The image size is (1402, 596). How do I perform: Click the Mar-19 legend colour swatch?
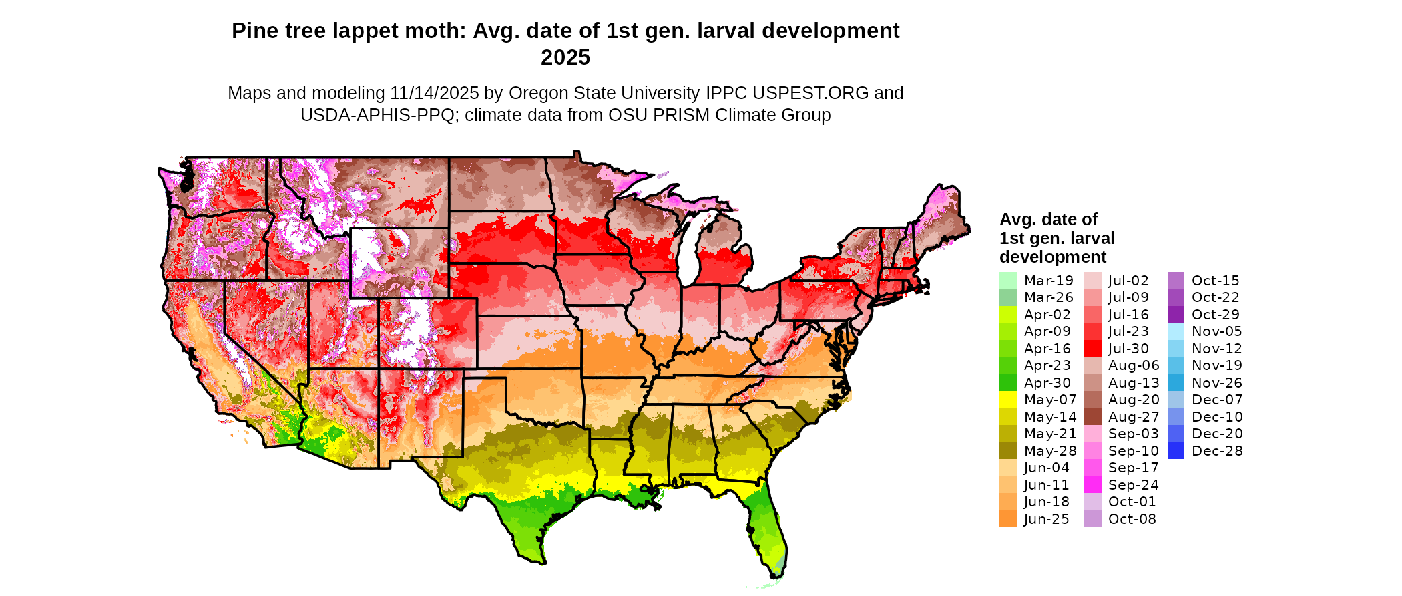pyautogui.click(x=1008, y=281)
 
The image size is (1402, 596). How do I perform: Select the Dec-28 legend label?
pyautogui.click(x=1217, y=451)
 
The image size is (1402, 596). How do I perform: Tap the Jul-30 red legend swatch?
pyautogui.click(x=1092, y=349)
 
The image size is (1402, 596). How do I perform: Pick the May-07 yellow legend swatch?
pyautogui.click(x=1008, y=400)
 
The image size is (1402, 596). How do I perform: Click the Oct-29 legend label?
pyautogui.click(x=1215, y=315)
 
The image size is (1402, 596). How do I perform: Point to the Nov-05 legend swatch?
pyautogui.click(x=1176, y=331)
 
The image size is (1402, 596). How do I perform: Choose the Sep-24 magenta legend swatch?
pyautogui.click(x=1092, y=485)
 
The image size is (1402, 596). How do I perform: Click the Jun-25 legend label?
pyautogui.click(x=1046, y=519)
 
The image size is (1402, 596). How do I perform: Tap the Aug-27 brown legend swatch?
pyautogui.click(x=1092, y=417)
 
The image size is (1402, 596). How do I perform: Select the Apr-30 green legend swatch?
pyautogui.click(x=1008, y=383)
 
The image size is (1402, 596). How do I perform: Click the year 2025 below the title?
pyautogui.click(x=565, y=58)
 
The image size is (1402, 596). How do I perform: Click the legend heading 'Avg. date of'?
pyautogui.click(x=1048, y=219)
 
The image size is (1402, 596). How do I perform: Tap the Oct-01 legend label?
pyautogui.click(x=1132, y=502)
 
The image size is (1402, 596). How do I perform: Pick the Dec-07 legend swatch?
pyautogui.click(x=1176, y=400)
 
